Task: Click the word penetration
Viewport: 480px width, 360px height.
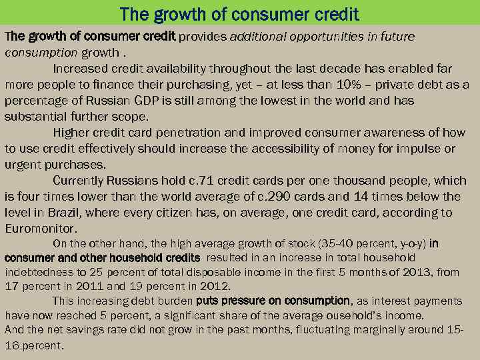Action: [x=185, y=133]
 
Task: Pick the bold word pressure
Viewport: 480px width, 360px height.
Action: [x=247, y=301]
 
